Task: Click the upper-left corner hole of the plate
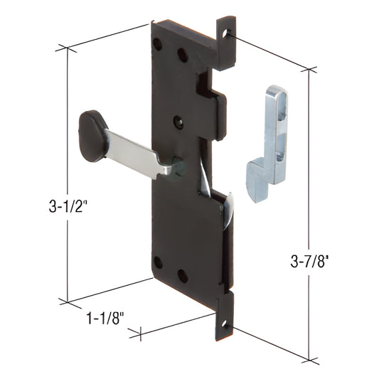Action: tap(158, 44)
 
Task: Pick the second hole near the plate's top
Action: tap(183, 54)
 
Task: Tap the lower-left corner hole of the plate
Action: tap(158, 262)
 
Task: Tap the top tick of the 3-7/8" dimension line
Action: tap(309, 70)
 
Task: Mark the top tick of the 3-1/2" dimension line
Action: tap(66, 49)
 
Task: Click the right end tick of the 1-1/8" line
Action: tap(141, 331)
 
